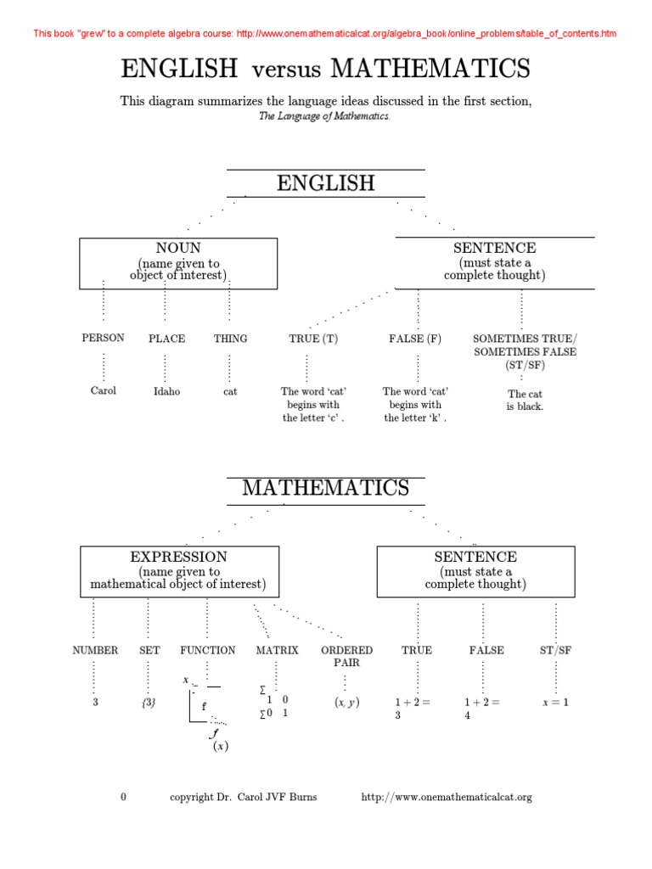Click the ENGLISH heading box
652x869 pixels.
pyautogui.click(x=325, y=183)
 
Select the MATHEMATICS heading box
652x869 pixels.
pyautogui.click(x=325, y=489)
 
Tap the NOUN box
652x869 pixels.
pyautogui.click(x=178, y=262)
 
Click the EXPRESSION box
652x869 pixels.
pyautogui.click(x=178, y=571)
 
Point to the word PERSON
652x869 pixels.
pyautogui.click(x=103, y=338)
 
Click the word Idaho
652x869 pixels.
pyautogui.click(x=166, y=392)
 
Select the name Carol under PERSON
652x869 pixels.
pyautogui.click(x=103, y=391)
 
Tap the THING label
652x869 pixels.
pyautogui.click(x=230, y=339)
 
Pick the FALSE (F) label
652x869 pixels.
pyautogui.click(x=415, y=339)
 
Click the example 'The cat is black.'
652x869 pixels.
pyautogui.click(x=525, y=401)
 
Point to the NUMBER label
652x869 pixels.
pyautogui.click(x=95, y=651)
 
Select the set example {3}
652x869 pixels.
pyautogui.click(x=149, y=703)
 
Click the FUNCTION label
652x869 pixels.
pyautogui.click(x=207, y=651)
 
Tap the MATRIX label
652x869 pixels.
pyautogui.click(x=278, y=651)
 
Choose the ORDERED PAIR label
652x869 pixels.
pyautogui.click(x=346, y=656)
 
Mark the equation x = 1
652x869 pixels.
pyautogui.click(x=555, y=703)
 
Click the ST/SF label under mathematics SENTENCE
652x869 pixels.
pyautogui.click(x=555, y=651)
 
